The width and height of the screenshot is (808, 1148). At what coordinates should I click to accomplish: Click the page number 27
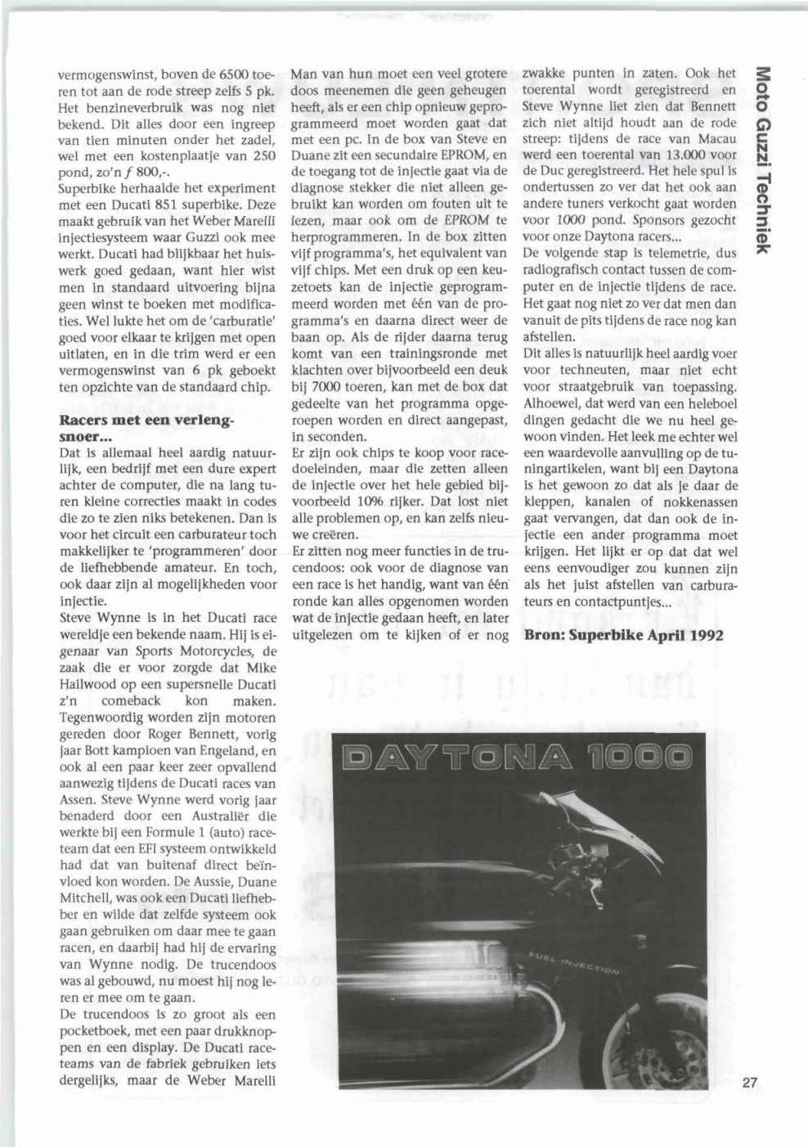(751, 1082)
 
